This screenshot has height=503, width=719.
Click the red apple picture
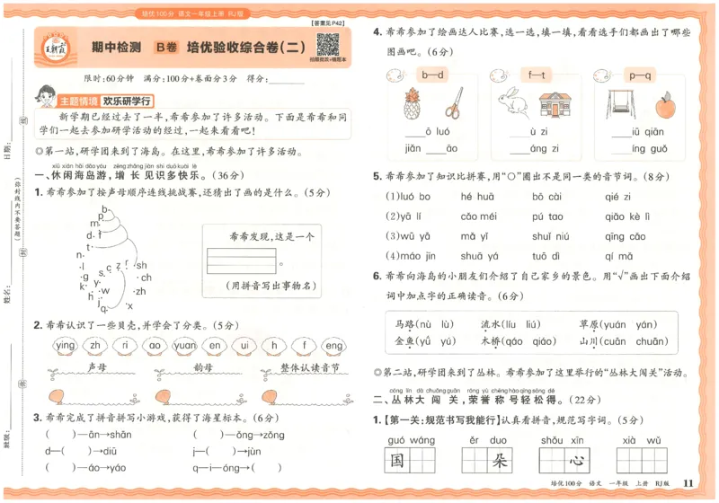pos(665,107)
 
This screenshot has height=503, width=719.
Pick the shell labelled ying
pos(66,345)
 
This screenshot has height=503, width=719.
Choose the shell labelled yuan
pos(184,345)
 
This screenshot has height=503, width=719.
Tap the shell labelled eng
pos(333,345)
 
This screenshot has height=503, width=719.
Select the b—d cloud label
pos(432,75)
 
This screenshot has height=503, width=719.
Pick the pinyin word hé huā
pos(478,196)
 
